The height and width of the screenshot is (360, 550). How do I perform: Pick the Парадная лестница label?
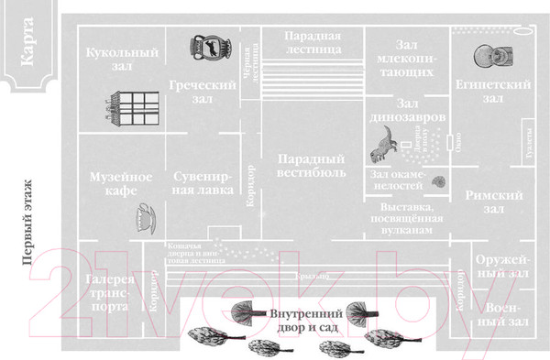(313, 42)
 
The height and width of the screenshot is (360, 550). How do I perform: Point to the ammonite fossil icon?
(439, 182)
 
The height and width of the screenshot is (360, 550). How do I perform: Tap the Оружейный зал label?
(502, 267)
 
